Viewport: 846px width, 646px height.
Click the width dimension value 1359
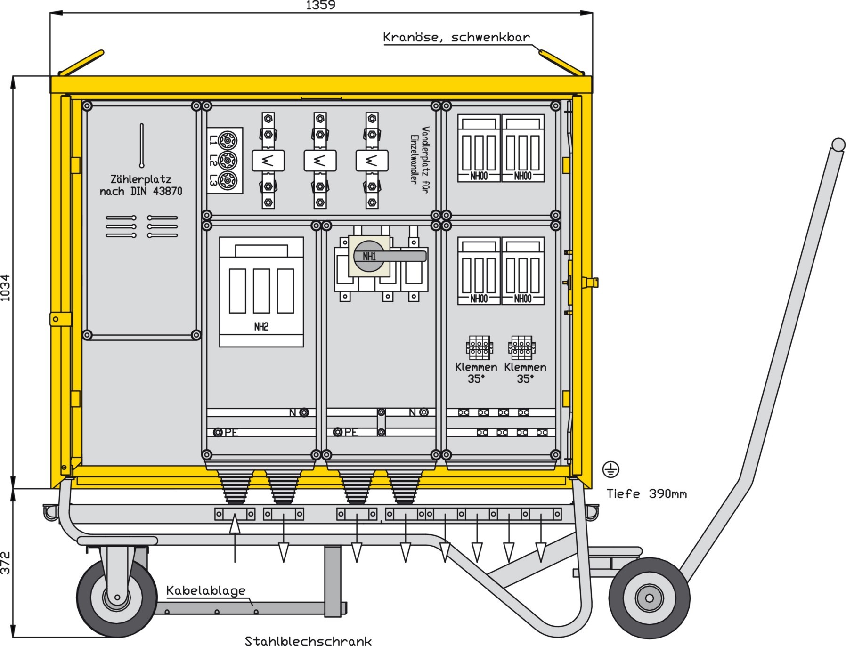(x=320, y=5)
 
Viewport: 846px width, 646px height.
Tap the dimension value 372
(x=5, y=563)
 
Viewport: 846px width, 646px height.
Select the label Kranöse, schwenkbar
(x=456, y=37)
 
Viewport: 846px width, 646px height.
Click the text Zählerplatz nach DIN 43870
(x=141, y=185)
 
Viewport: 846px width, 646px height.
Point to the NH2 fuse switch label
(x=261, y=327)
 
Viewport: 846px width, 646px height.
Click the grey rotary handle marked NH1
(x=390, y=256)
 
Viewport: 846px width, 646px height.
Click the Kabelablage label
(x=206, y=590)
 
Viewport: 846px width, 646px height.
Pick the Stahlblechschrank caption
(x=308, y=640)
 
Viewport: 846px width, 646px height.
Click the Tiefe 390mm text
(x=646, y=493)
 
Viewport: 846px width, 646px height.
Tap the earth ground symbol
(x=611, y=469)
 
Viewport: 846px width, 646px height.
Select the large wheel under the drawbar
(x=650, y=598)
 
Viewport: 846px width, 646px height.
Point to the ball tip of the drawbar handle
(x=838, y=145)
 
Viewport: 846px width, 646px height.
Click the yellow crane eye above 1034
(x=81, y=62)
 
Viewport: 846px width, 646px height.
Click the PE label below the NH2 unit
(x=231, y=432)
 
